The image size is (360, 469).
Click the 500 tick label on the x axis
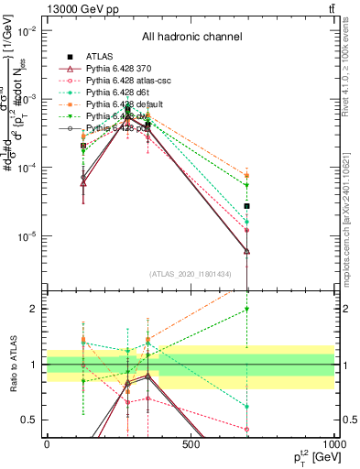pos(191,446)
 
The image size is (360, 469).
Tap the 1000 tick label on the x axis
pos(334,446)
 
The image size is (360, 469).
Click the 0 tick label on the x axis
pos(47,446)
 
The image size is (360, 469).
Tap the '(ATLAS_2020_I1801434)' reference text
pos(191,274)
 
